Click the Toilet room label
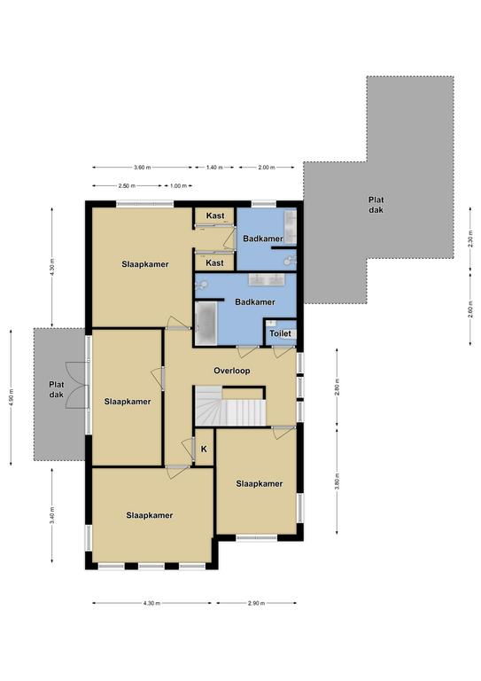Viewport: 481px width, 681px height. [280, 333]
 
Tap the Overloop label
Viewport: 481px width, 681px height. [231, 371]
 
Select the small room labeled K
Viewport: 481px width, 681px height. [204, 449]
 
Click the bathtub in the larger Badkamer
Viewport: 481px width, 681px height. [206, 324]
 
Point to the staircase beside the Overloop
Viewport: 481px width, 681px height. [230, 406]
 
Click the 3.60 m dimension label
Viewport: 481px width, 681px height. [143, 168]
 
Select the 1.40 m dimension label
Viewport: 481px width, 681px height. [214, 168]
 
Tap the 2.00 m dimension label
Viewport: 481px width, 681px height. [267, 168]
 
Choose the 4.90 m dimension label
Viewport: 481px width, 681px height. [12, 396]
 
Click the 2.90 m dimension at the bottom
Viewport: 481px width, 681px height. [256, 603]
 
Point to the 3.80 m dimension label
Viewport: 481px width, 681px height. [337, 483]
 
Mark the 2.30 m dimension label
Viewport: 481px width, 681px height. [470, 239]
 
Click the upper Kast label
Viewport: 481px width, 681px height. [215, 215]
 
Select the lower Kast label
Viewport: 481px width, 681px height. [214, 262]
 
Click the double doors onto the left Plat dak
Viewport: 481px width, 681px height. [77, 385]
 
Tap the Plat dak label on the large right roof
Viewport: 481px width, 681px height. [376, 205]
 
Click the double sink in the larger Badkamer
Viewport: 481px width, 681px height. [267, 279]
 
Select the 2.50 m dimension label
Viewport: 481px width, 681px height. [127, 186]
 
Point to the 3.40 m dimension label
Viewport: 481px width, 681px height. [52, 515]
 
